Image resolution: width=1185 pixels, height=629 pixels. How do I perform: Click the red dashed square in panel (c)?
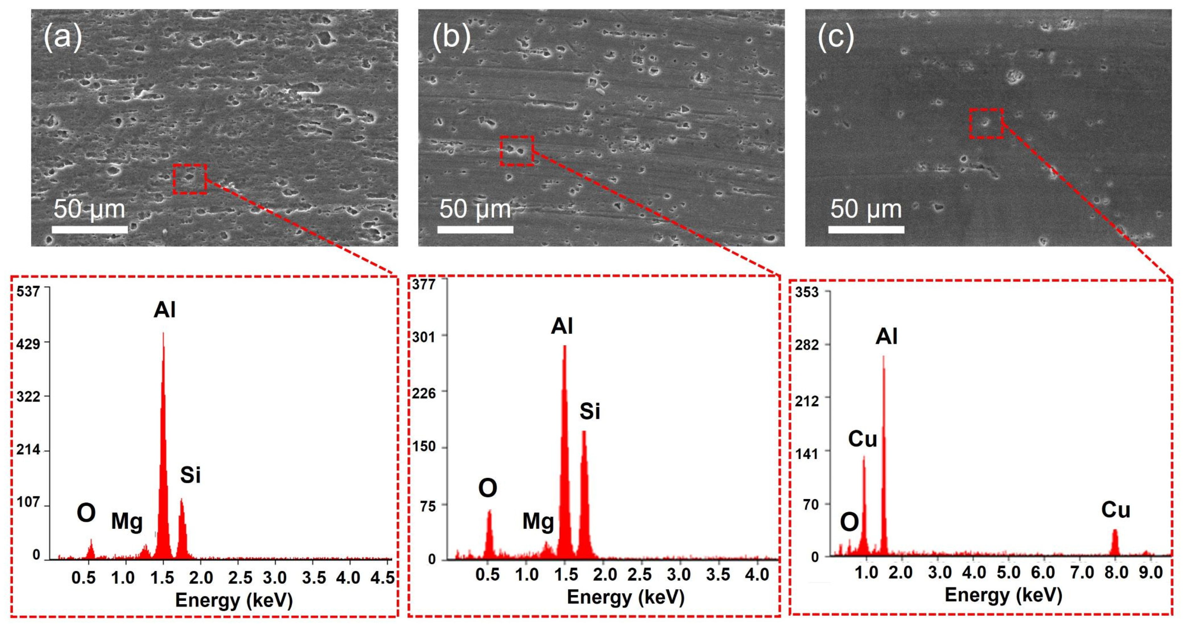click(986, 123)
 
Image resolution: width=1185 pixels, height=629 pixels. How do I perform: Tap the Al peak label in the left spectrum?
click(164, 310)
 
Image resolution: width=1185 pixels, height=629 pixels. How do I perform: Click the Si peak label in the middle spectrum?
click(589, 411)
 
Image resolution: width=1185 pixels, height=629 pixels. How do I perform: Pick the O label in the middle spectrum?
click(488, 488)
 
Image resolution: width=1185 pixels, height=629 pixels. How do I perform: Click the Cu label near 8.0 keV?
click(1115, 510)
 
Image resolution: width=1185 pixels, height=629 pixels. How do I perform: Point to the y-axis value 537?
click(28, 291)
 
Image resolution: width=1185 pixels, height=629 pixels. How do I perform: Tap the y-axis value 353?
click(807, 292)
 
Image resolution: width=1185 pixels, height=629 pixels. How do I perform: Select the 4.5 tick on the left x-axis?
click(382, 577)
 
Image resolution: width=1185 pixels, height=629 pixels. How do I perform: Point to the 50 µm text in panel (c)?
click(866, 209)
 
